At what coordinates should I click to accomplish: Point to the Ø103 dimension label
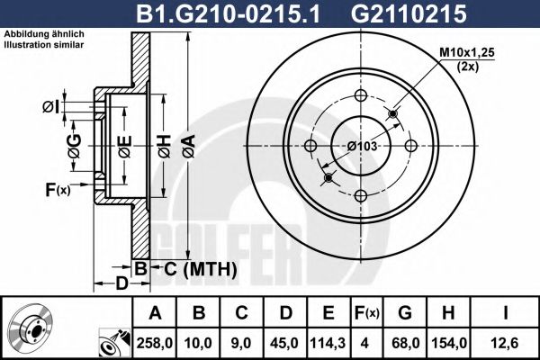click(x=360, y=147)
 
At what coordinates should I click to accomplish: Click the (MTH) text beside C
click(x=209, y=269)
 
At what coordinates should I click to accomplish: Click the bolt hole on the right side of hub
click(x=409, y=147)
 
